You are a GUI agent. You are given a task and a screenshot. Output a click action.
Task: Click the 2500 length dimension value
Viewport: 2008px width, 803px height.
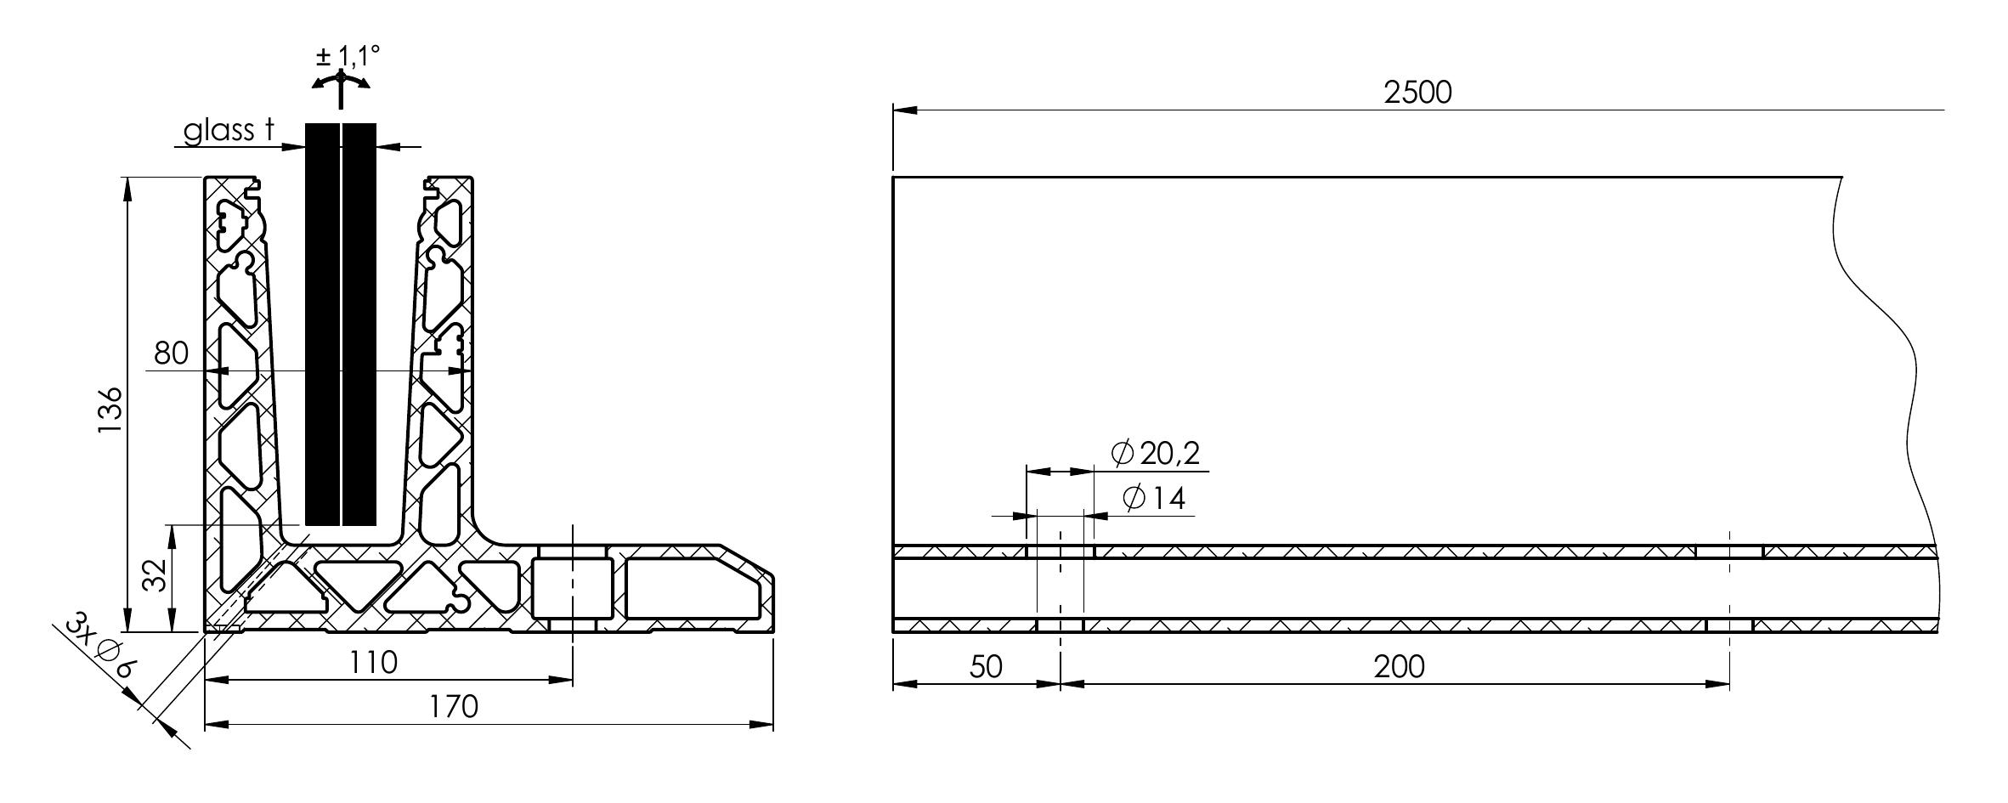point(1417,93)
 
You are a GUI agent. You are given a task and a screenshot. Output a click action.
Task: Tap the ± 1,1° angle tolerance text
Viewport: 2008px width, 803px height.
point(347,57)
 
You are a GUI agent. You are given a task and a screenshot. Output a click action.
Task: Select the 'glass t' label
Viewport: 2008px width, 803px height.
point(229,130)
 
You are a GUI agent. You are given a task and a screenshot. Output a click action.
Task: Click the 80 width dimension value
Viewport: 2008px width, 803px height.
point(172,353)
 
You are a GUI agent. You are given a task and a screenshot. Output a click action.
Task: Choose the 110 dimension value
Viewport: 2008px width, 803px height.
point(374,663)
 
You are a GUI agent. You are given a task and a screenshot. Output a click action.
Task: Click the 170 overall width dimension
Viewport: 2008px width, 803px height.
point(453,707)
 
